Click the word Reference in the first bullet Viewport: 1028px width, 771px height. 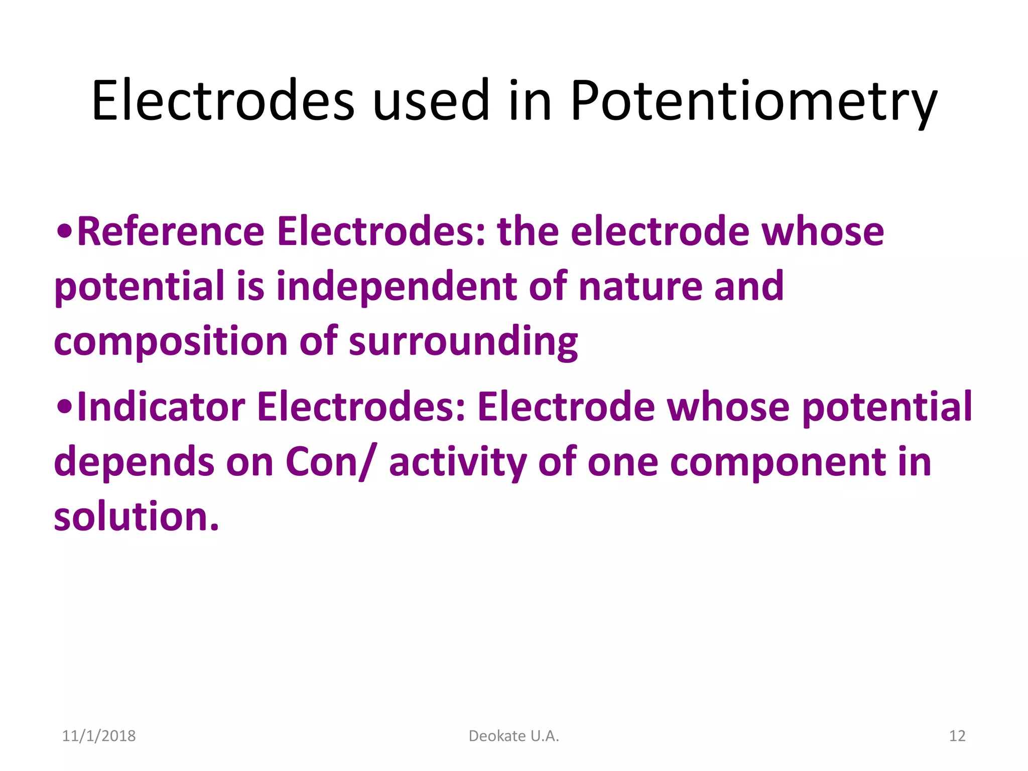171,231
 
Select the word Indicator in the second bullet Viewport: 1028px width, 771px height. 161,407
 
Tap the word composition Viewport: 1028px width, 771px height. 171,342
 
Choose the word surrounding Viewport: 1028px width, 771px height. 463,342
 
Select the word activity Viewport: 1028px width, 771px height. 457,462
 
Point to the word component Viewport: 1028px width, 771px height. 778,462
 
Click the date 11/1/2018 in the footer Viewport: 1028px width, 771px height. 99,736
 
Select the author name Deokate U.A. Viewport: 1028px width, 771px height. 513,736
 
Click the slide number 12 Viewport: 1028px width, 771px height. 957,736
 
